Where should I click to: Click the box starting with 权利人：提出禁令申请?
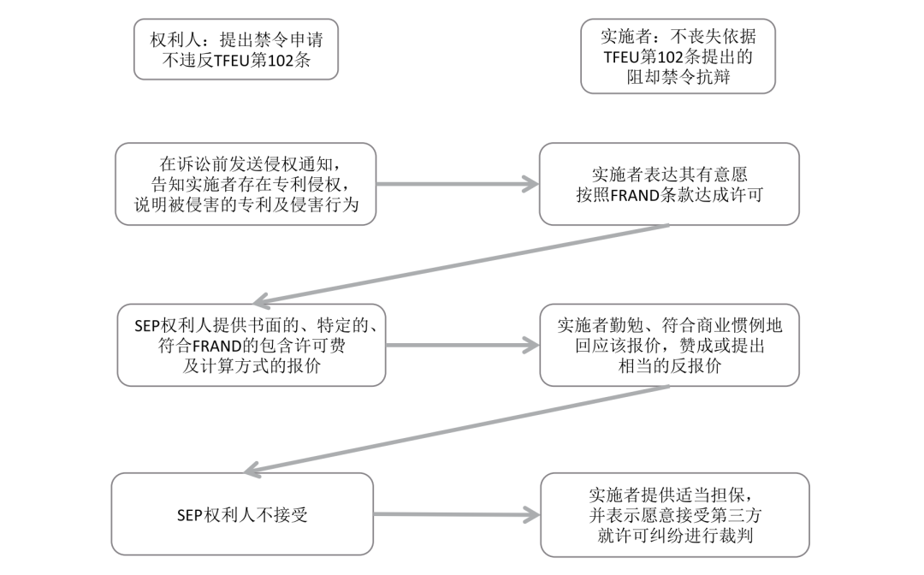coord(235,49)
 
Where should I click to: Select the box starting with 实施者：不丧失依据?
coord(678,56)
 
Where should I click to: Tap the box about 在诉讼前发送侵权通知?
coord(246,184)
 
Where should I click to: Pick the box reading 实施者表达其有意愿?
coord(668,184)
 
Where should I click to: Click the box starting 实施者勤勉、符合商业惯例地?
coord(669,346)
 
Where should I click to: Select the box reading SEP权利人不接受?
coord(242,513)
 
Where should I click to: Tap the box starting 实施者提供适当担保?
coord(675,514)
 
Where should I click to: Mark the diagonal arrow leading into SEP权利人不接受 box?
coord(457,428)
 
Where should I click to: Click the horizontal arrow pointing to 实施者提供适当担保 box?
coord(457,514)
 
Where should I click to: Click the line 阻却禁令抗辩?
coord(678,78)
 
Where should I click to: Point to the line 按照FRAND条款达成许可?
coord(669,194)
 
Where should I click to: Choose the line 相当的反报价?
coord(669,365)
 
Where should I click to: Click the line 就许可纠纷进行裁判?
coord(675,535)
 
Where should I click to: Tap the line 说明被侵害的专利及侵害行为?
coord(246,205)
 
